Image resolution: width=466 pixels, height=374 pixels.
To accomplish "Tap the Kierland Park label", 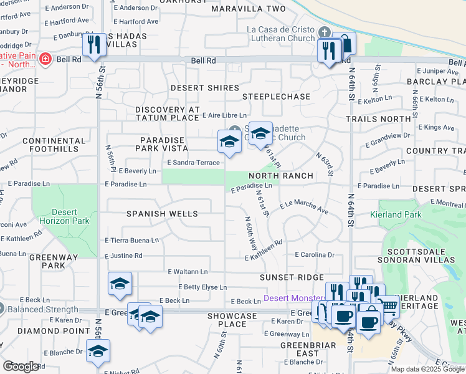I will [399, 214].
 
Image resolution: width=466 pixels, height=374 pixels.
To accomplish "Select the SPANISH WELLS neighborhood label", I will [162, 214].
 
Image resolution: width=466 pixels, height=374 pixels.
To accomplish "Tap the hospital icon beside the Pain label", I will [45, 60].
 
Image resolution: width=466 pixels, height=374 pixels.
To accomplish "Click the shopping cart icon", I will [389, 305].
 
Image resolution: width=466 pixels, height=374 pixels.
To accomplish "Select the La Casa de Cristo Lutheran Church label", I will [281, 34].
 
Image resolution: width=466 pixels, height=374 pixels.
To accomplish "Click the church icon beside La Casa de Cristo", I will [323, 32].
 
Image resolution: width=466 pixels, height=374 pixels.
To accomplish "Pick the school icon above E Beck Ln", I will [120, 284].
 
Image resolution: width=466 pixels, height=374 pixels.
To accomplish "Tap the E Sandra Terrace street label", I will [193, 163].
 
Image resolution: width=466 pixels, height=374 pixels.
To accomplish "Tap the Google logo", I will [21, 367].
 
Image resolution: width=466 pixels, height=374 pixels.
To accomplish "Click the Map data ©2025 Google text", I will [427, 369].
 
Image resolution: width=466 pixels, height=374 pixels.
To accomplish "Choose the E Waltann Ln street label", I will [188, 272].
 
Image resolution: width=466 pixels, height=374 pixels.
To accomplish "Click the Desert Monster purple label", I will [293, 298].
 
